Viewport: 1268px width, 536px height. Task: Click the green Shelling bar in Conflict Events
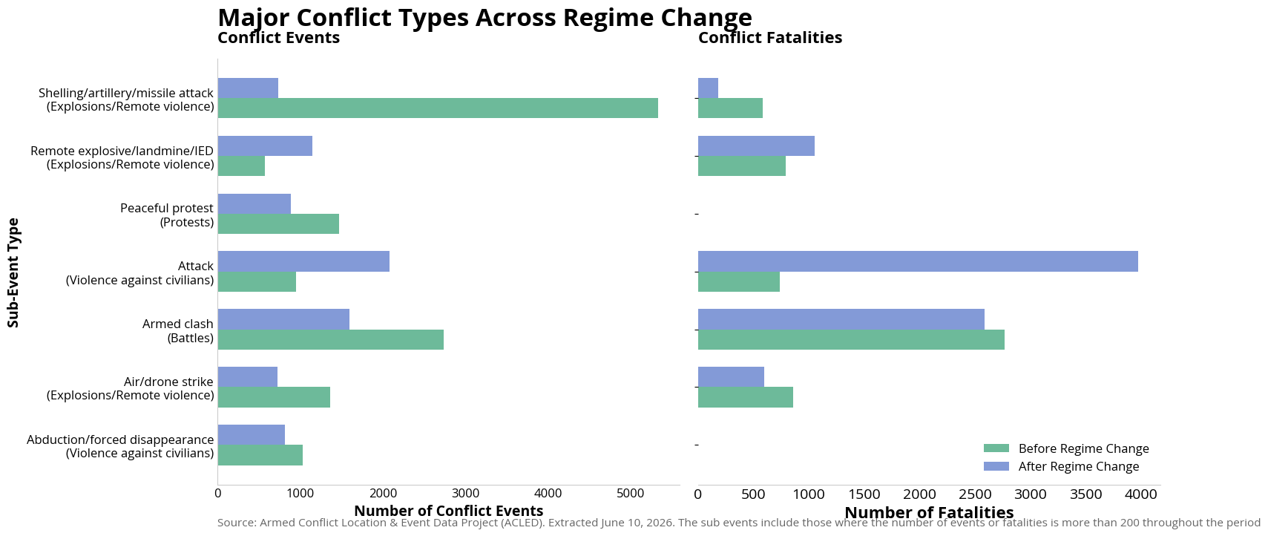point(438,108)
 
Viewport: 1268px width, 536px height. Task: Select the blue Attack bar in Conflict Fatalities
point(918,261)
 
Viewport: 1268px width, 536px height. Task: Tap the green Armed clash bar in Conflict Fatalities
point(851,339)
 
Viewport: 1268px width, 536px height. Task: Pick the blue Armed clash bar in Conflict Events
point(283,319)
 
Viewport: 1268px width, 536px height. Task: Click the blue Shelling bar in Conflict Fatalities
point(708,88)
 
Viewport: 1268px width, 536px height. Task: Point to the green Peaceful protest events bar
point(278,223)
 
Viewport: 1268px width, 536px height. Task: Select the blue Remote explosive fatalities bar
point(756,146)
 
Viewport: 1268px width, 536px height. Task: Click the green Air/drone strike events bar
point(274,397)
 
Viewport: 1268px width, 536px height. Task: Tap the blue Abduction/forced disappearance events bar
point(252,434)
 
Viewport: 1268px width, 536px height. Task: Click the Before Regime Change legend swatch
point(996,448)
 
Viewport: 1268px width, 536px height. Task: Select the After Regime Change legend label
point(1078,466)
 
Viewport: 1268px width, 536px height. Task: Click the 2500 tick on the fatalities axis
point(975,494)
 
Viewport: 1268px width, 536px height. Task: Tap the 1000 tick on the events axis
point(300,494)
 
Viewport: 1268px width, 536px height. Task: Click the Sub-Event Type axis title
point(13,272)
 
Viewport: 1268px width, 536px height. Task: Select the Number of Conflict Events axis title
point(448,511)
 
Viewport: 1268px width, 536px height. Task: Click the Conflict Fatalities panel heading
point(770,37)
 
